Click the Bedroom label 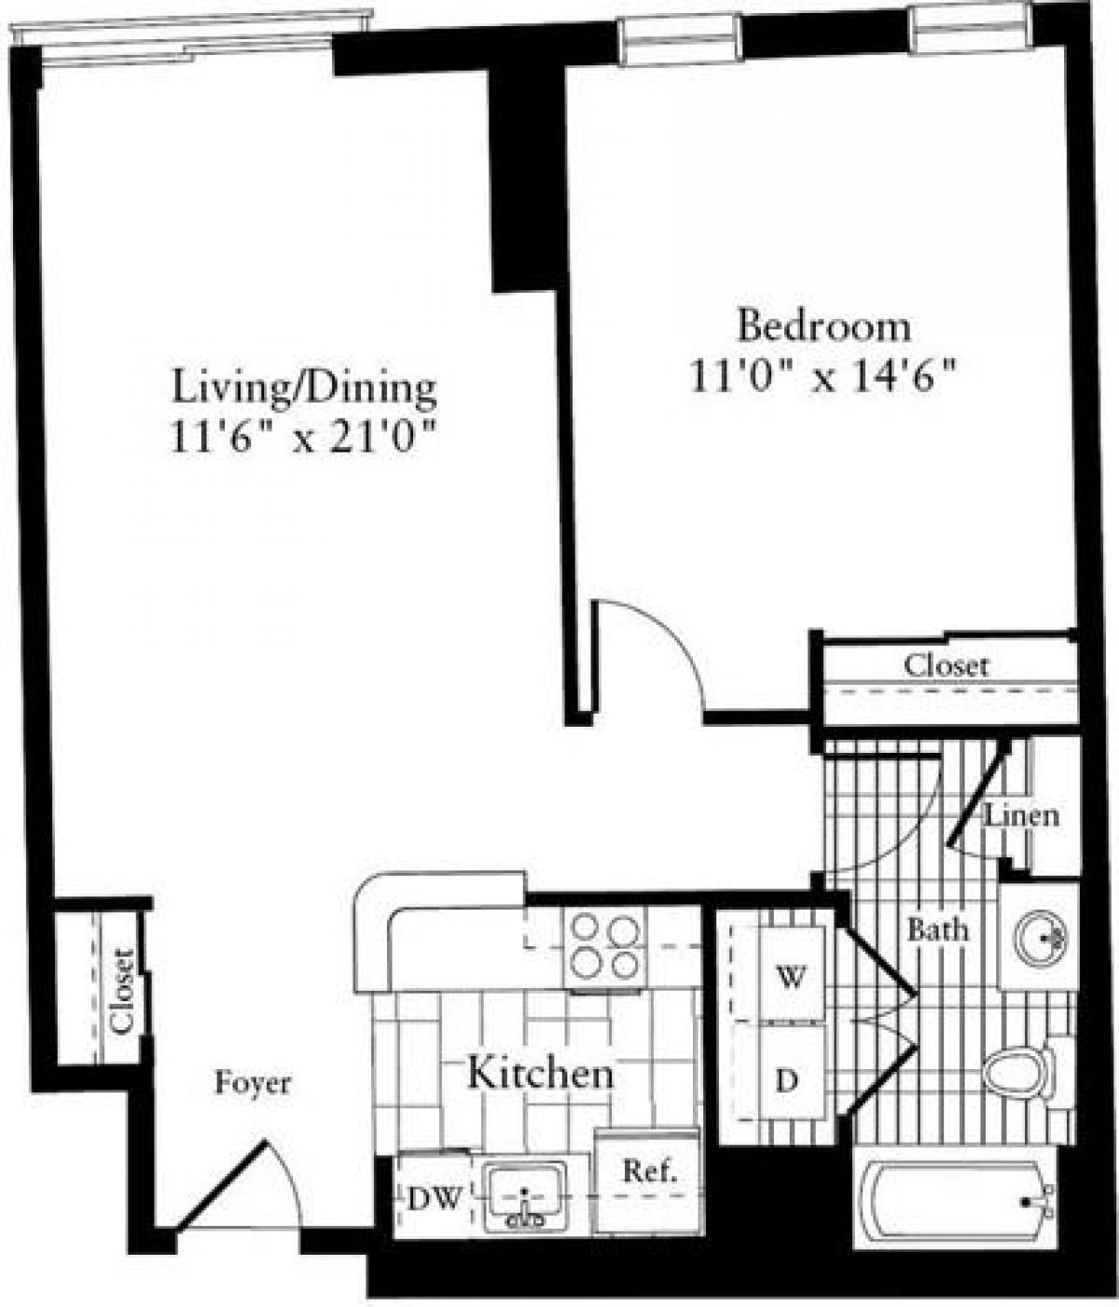click(x=823, y=327)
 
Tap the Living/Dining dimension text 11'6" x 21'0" click(x=304, y=438)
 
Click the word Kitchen click(x=540, y=1074)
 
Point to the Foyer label click(x=253, y=1084)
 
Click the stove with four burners click(x=607, y=944)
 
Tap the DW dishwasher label click(x=434, y=1199)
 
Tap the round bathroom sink click(x=1039, y=934)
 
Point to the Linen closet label click(x=1023, y=816)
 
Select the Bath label click(x=937, y=929)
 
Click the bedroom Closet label click(x=946, y=666)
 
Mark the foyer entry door click(x=224, y=1185)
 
